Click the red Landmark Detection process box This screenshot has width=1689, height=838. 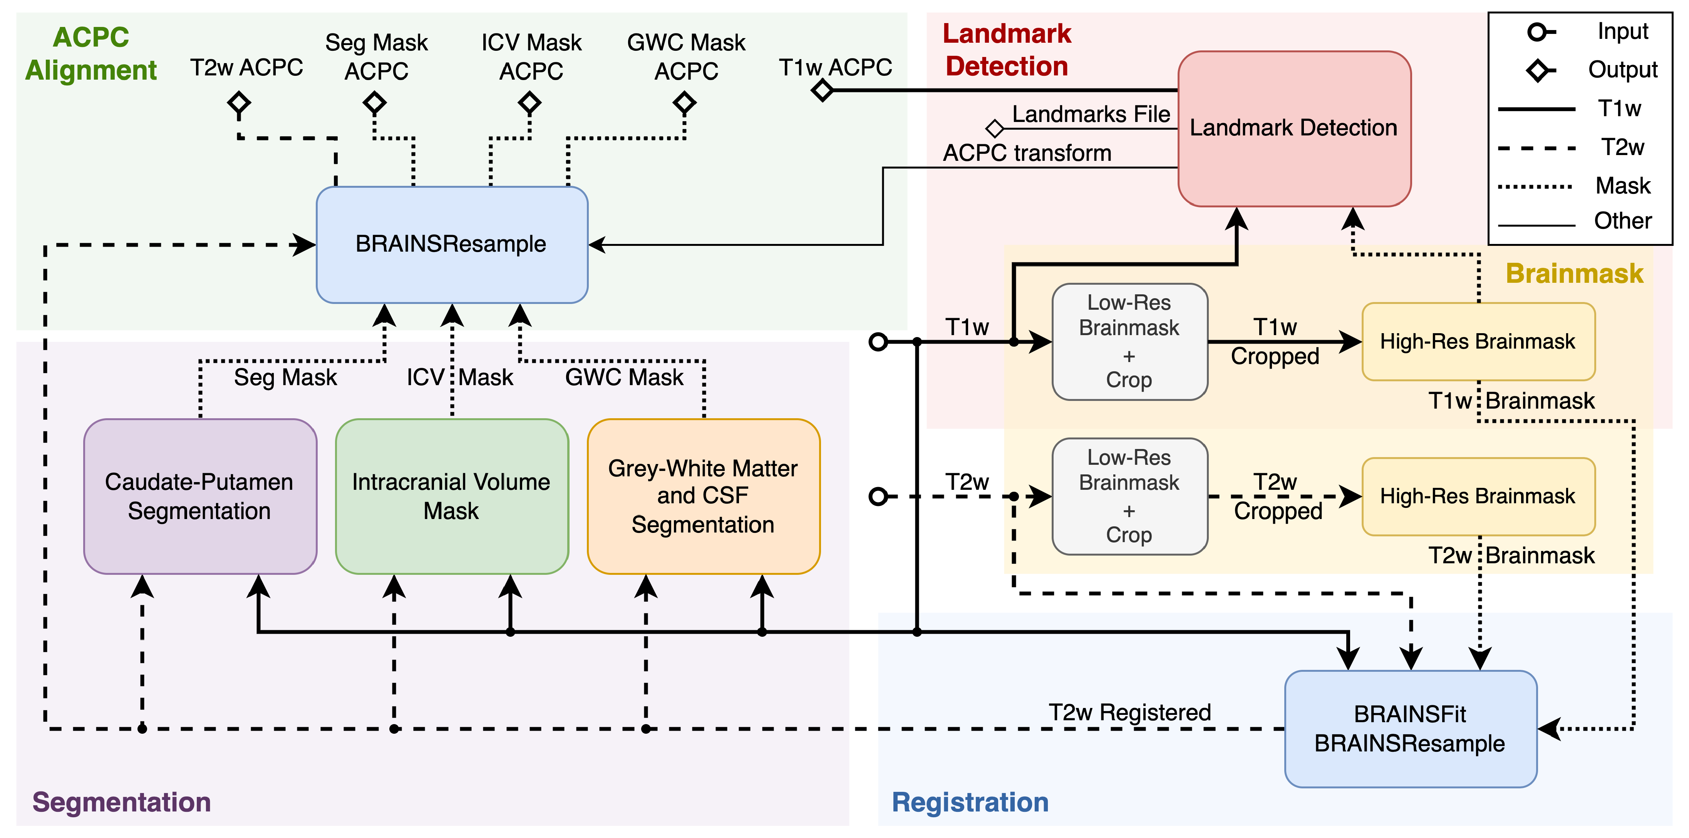coord(1294,129)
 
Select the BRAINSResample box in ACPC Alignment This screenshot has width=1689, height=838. coord(451,244)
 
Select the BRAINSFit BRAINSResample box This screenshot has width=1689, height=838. coord(1410,729)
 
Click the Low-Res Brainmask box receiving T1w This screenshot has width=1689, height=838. coord(1129,341)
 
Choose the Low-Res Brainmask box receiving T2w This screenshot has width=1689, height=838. coord(1129,496)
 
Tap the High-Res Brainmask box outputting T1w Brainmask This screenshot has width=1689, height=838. coord(1478,341)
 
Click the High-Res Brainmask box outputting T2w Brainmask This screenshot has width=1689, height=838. coord(1478,496)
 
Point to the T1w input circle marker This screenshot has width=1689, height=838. coord(878,341)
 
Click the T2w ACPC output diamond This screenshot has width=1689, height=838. coord(239,103)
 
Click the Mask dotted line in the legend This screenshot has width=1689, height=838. coord(1536,187)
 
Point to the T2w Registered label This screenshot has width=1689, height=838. coord(1129,712)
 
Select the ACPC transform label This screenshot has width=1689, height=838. coord(1027,153)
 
